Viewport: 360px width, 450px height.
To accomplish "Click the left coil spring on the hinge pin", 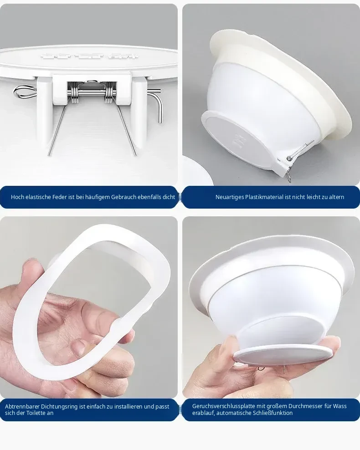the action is pos(75,93).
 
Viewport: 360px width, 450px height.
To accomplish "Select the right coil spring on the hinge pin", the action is pos(109,93).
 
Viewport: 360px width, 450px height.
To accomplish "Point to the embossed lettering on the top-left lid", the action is pos(89,56).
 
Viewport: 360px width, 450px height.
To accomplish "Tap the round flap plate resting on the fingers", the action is pos(283,354).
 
